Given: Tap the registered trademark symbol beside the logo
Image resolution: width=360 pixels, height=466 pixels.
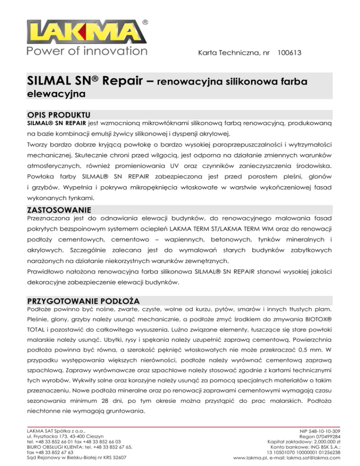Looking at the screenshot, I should click(146, 23).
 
